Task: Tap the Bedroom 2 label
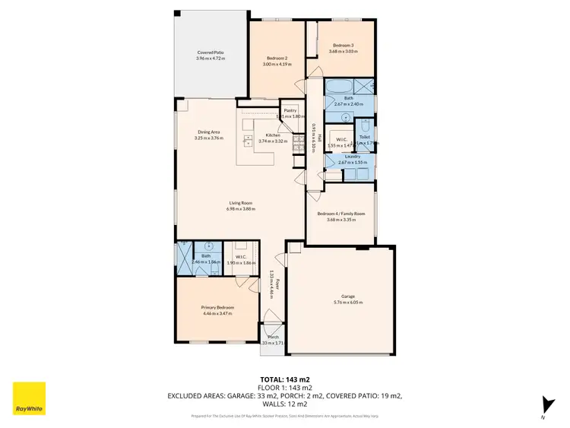click(277, 59)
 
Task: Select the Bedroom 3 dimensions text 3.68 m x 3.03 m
click(344, 52)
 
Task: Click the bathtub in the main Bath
click(339, 86)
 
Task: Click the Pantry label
click(290, 110)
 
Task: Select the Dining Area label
click(208, 132)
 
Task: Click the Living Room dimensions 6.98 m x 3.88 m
click(241, 209)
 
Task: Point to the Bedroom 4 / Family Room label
click(341, 214)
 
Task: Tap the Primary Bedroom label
click(218, 307)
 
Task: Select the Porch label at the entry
click(273, 337)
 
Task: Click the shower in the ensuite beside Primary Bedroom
click(184, 259)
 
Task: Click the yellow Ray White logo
click(29, 398)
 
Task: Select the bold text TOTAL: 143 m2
click(284, 379)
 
